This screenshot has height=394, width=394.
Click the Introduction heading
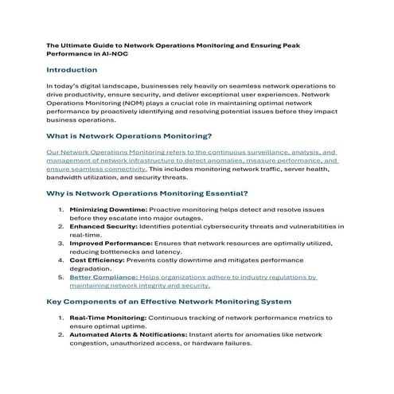[72, 70]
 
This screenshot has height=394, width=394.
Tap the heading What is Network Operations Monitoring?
[130, 136]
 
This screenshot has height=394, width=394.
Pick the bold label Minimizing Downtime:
[108, 209]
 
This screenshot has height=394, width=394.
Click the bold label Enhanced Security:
[103, 226]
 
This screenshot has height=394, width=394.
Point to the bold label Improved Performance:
[111, 243]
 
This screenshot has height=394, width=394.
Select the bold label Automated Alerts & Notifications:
[132, 334]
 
